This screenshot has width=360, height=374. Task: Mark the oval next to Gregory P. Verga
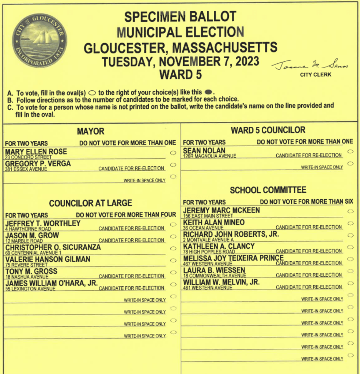(173, 165)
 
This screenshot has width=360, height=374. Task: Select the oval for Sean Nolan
(350, 151)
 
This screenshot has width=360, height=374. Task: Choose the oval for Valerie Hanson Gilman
(173, 261)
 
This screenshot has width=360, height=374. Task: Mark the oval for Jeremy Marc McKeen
(350, 211)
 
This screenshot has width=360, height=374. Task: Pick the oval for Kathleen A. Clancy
(350, 247)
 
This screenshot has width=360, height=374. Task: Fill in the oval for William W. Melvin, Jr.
(350, 283)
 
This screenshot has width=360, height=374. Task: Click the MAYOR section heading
(91, 131)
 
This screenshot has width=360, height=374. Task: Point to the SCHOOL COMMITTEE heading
(268, 190)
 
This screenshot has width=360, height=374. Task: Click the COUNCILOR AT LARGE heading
(91, 203)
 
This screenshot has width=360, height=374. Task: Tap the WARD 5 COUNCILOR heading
(268, 130)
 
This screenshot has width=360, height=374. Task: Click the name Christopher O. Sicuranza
(53, 248)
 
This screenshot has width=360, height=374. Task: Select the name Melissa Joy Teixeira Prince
(233, 258)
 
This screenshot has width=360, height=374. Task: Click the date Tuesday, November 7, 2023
(181, 61)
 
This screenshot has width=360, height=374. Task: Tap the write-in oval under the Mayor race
(173, 177)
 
